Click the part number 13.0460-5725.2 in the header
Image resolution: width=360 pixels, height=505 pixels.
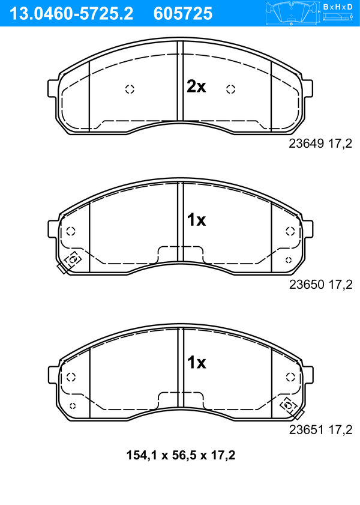pyautogui.click(x=71, y=14)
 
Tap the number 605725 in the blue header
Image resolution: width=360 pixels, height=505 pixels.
pyautogui.click(x=183, y=14)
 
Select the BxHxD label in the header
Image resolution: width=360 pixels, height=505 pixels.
pyautogui.click(x=338, y=7)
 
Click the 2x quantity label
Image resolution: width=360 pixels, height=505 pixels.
pyautogui.click(x=196, y=86)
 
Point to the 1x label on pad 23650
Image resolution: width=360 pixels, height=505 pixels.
pyautogui.click(x=196, y=220)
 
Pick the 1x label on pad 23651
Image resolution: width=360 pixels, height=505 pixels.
pyautogui.click(x=196, y=363)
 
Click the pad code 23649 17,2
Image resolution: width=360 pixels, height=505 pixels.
pyautogui.click(x=320, y=144)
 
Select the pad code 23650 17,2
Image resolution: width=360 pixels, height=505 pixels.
pyautogui.click(x=320, y=285)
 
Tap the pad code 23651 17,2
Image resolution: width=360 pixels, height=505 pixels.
pyautogui.click(x=320, y=429)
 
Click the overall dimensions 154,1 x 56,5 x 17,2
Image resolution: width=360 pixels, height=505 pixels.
pyautogui.click(x=181, y=455)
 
